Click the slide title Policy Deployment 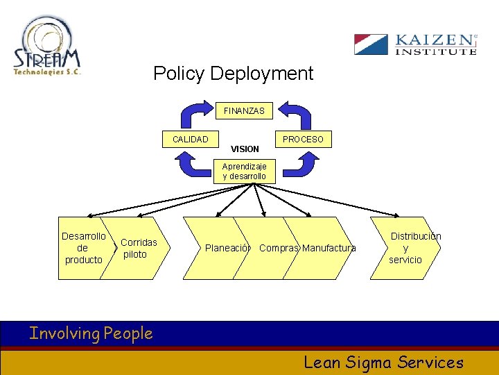tap(233, 74)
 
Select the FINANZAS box tap(244, 111)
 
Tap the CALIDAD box tap(190, 140)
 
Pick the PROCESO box tap(302, 140)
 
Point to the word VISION tap(245, 149)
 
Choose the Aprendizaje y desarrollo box tap(244, 172)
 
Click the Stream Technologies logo tap(47, 47)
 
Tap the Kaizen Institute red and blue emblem tap(371, 44)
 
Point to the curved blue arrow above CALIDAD tap(195, 114)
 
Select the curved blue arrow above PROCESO tap(295, 114)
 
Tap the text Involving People tap(91, 334)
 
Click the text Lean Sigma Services tap(383, 362)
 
